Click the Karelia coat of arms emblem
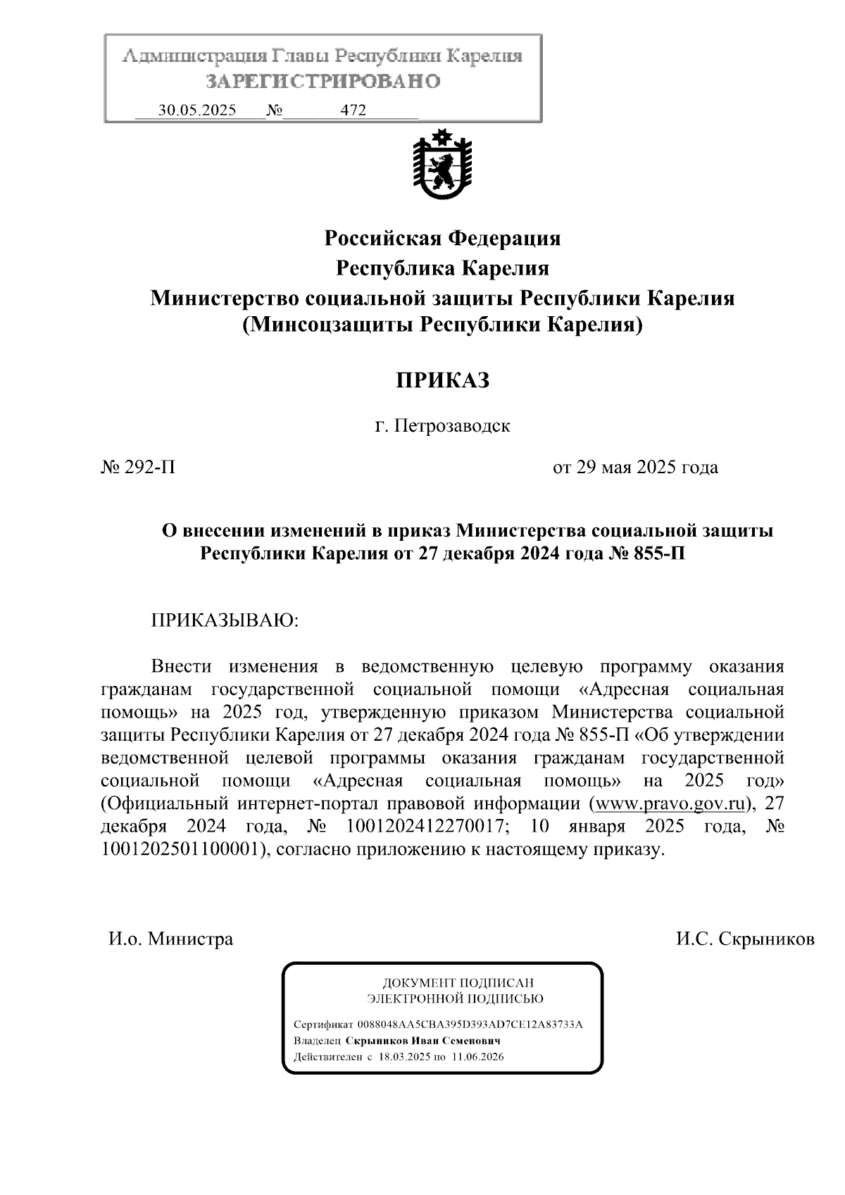pos(442,165)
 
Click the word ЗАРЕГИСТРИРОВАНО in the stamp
pos(323,82)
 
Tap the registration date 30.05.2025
pos(197,111)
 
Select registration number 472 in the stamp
pos(353,111)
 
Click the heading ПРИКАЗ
pos(442,380)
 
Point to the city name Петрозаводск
pos(451,426)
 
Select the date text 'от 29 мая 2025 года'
pos(635,468)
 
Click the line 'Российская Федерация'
pos(442,239)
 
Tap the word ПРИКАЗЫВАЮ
pos(225,620)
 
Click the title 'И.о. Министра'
pos(170,939)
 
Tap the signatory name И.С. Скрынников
pos(745,939)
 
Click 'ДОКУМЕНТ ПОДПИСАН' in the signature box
pos(457,982)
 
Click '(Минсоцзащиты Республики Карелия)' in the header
pos(442,326)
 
